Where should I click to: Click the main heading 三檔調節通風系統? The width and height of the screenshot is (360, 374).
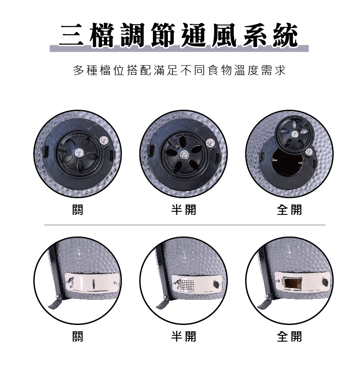179,36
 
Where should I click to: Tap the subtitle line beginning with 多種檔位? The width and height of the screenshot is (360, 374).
179,70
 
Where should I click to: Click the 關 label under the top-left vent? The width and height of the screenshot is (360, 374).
77,209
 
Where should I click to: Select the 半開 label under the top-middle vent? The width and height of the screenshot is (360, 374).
184,209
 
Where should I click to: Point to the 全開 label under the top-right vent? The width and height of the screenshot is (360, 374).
289,209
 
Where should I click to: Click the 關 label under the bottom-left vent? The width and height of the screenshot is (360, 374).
77,336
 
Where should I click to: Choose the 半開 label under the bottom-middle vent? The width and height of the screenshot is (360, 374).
184,336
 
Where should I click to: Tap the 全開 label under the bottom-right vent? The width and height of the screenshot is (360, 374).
289,336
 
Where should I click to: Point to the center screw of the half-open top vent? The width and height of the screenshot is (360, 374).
184,154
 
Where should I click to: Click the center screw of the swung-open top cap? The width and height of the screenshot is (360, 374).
294,134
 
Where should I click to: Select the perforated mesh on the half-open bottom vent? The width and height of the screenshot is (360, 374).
187,284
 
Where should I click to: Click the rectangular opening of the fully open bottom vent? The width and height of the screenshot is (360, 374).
292,283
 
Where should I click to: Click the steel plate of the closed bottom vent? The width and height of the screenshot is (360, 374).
92,283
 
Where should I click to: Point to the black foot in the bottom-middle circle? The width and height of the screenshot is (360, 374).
162,303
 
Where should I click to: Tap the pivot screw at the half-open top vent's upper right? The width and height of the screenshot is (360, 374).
210,142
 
